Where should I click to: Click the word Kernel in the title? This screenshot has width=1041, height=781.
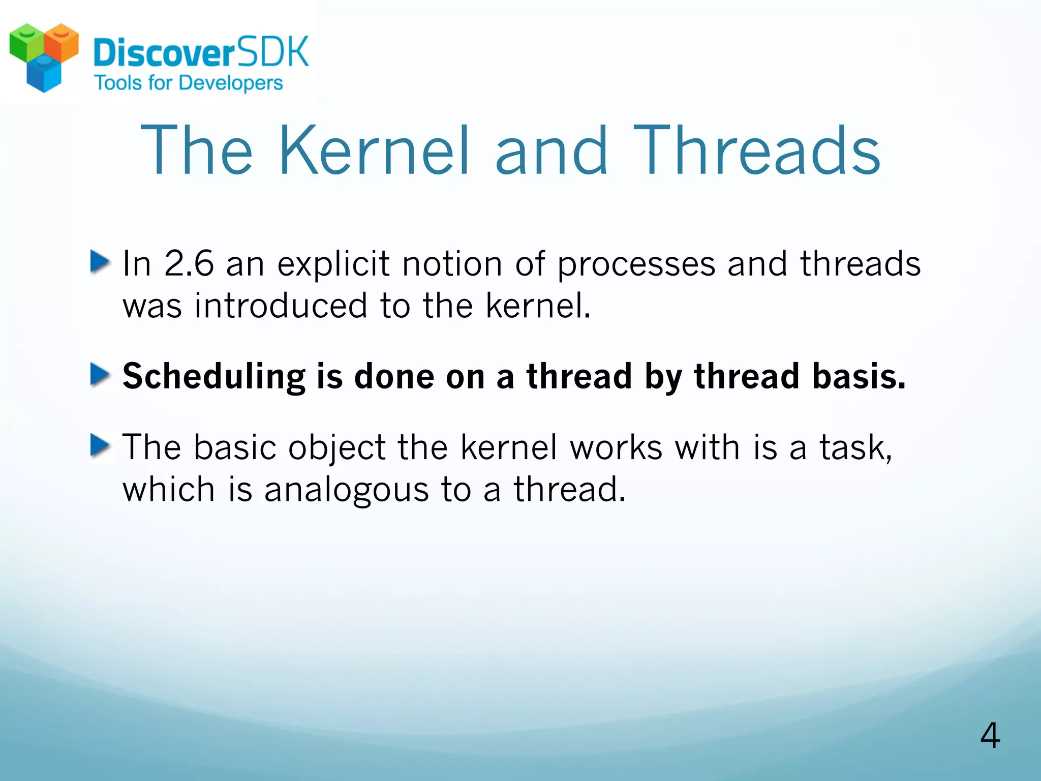[x=374, y=151]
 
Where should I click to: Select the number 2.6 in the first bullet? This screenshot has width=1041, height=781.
[x=189, y=264]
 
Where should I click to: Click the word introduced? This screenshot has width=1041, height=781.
[x=281, y=306]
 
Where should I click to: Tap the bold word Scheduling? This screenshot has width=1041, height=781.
[x=213, y=377]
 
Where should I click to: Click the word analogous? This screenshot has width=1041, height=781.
[x=346, y=490]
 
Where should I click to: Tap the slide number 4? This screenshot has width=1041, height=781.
[x=990, y=736]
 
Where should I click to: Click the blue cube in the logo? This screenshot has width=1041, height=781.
[x=44, y=74]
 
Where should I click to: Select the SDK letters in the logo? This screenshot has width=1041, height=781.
[x=273, y=52]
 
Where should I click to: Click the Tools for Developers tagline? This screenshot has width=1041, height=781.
[x=189, y=83]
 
